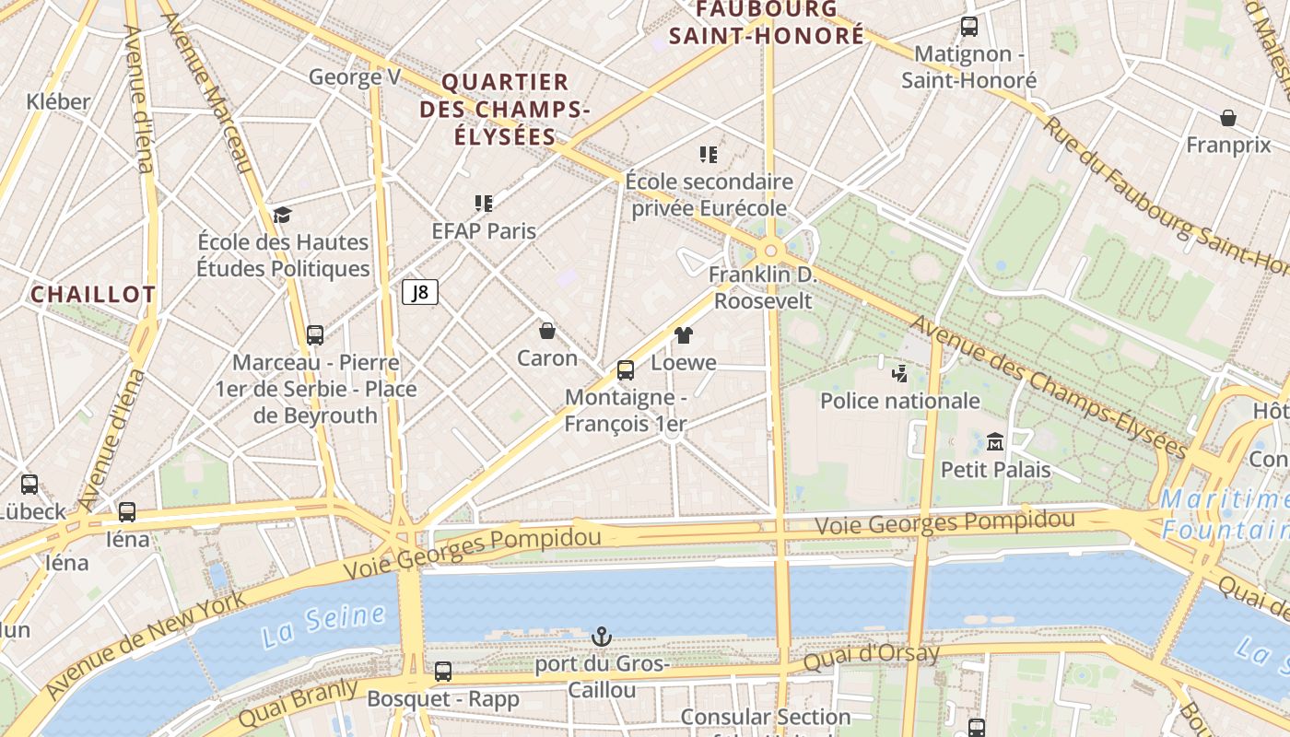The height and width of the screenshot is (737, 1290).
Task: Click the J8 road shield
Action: [x=420, y=293]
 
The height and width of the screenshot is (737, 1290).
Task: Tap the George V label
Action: [x=355, y=76]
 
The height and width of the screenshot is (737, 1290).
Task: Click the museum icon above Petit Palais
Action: [x=994, y=442]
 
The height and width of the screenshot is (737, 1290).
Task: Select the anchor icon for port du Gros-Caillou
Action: [x=601, y=637]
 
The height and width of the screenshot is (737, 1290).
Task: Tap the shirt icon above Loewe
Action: [x=683, y=335]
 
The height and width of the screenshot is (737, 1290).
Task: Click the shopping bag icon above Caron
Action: [x=547, y=330]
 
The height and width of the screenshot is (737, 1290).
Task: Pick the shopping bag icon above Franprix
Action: [x=1227, y=118]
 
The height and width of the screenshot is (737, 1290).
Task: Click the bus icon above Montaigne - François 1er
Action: [x=626, y=370]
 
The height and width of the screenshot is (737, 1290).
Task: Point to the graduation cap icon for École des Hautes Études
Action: [x=282, y=216]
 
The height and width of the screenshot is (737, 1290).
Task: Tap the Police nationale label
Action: [x=899, y=401]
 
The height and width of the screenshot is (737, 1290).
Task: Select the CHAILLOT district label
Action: [x=93, y=295]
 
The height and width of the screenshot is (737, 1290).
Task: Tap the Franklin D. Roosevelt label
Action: [x=763, y=287]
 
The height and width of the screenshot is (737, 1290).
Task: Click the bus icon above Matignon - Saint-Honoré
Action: [x=968, y=27]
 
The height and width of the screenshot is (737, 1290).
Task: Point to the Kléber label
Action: [x=59, y=101]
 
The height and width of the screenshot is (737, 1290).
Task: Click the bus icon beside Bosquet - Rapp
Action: [x=443, y=672]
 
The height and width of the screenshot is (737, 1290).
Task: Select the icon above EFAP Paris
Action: [x=484, y=203]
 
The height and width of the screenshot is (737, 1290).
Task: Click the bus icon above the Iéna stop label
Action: [x=127, y=512]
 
